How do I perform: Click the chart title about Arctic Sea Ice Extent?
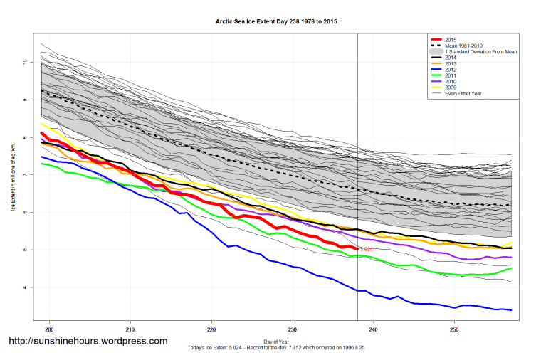point(276,21)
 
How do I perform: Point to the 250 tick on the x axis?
point(454,329)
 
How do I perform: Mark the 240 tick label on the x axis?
point(373,329)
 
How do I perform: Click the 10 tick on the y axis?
point(24,63)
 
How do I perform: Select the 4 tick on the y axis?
point(24,287)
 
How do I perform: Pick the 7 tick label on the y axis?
point(24,175)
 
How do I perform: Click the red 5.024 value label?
point(367,250)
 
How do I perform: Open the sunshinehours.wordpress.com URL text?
point(88,342)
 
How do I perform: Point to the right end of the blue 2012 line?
point(511,310)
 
